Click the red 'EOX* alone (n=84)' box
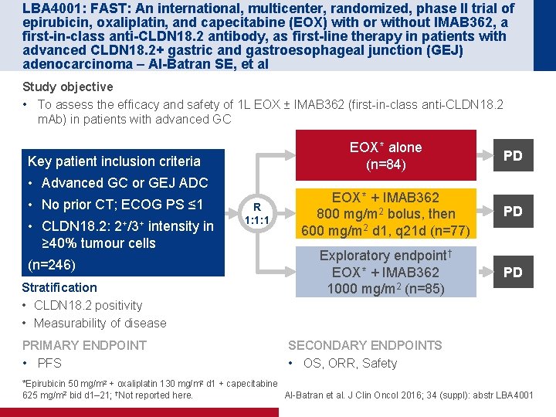(385, 156)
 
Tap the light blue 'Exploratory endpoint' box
(385, 272)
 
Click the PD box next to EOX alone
(513, 156)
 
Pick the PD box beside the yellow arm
(513, 211)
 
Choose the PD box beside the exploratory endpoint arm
(513, 272)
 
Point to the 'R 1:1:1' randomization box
(256, 213)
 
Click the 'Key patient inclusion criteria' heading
(114, 161)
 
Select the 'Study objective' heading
(68, 86)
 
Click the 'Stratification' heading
(60, 288)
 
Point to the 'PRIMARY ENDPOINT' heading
(84, 345)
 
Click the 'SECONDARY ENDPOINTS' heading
(364, 345)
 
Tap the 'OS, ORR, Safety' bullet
(348, 363)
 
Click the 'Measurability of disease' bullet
(100, 323)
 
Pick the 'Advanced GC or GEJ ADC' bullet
(124, 183)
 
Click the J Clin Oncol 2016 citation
(409, 395)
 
